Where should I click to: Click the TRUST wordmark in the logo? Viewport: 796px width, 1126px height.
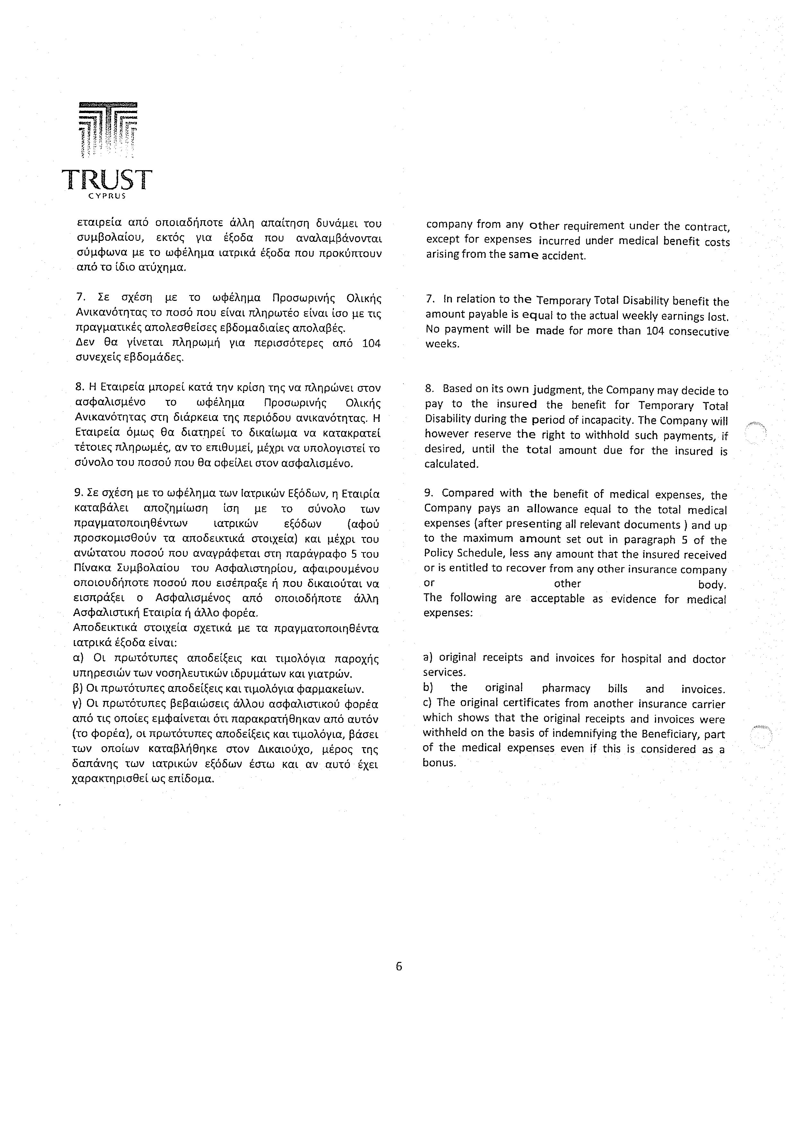pos(106,180)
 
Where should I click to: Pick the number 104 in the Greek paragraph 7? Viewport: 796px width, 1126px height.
pos(371,343)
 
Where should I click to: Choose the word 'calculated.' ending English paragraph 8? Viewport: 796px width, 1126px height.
pos(451,464)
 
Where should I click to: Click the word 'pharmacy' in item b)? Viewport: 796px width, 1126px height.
pos(566,689)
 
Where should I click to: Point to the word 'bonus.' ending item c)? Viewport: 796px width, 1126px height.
pos(439,763)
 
